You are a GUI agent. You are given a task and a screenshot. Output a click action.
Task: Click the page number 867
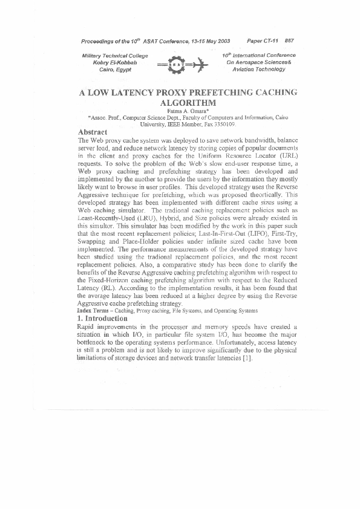pos(289,41)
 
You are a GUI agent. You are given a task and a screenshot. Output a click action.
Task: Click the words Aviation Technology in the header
pos(259,70)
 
